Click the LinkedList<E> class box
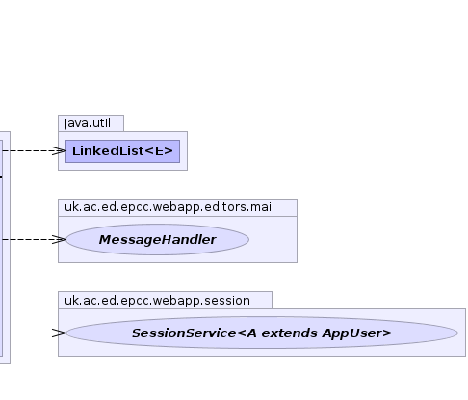(122, 151)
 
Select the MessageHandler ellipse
(158, 240)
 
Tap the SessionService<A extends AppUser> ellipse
(262, 333)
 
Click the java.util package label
(88, 123)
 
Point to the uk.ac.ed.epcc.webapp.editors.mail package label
(169, 207)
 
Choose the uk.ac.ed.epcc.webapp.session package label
(157, 301)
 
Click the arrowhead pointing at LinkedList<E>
(60, 150)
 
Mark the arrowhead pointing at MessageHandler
(60, 239)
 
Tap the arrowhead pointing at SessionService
(60, 333)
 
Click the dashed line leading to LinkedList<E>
(33, 150)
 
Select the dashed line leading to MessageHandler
(33, 239)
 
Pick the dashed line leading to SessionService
(33, 333)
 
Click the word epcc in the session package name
(135, 301)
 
